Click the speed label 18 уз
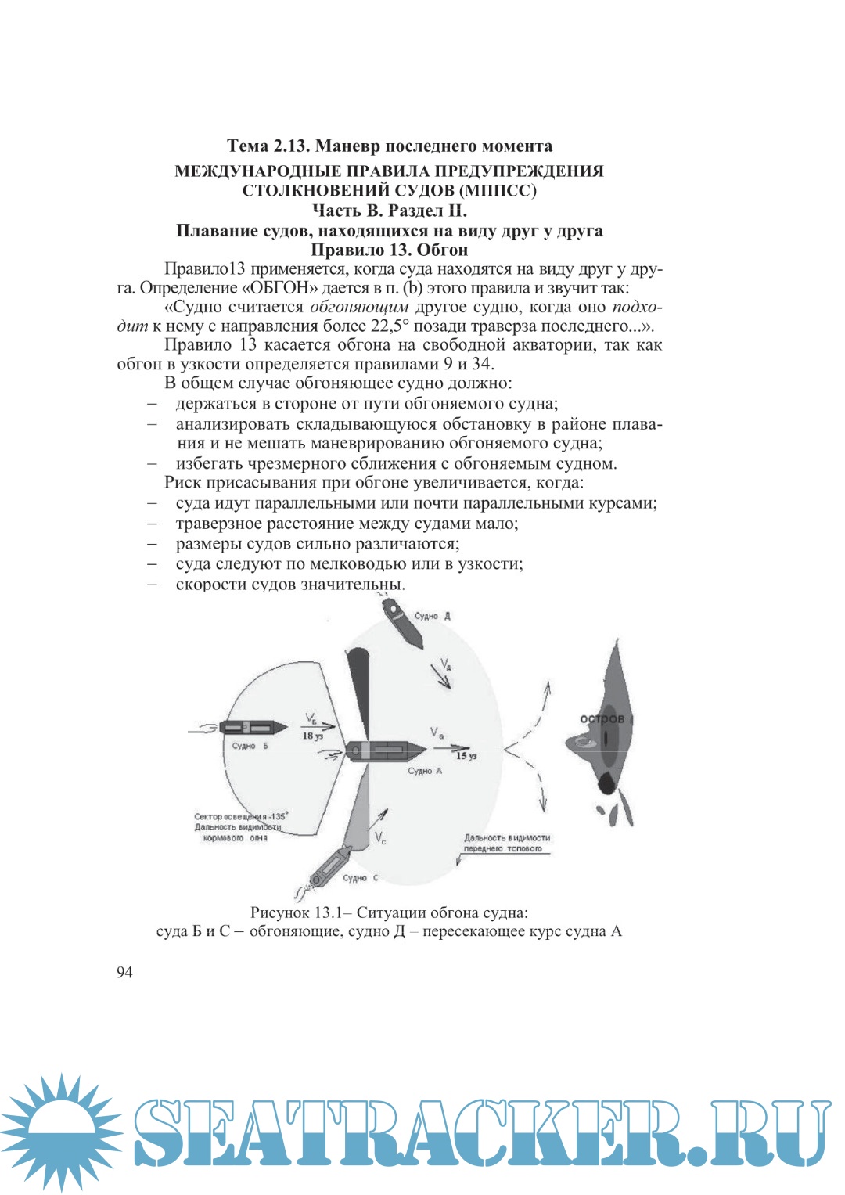coord(312,736)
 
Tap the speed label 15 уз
coord(466,755)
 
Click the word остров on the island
coord(602,718)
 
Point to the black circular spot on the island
coord(606,783)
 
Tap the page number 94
coord(124,972)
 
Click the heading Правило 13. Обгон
coord(389,250)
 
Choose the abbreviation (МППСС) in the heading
coord(498,191)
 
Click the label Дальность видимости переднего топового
coord(506,843)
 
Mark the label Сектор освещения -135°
coord(240,816)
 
